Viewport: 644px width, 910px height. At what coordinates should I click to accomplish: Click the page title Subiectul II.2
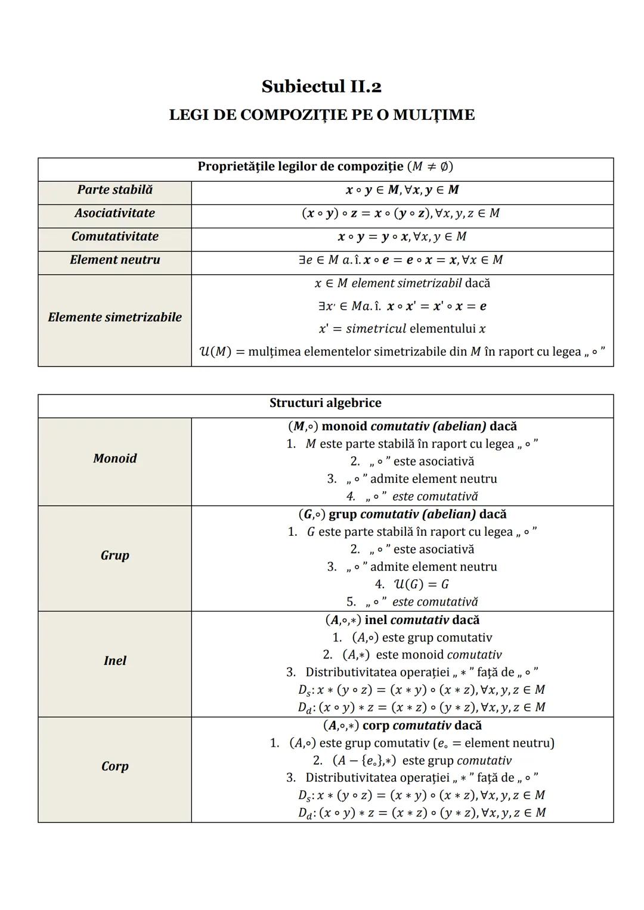[321, 87]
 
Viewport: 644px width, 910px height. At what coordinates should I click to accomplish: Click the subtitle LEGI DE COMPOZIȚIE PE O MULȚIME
[321, 115]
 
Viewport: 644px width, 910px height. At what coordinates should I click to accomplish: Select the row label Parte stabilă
[114, 190]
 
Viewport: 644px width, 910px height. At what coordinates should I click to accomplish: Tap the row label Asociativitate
[114, 213]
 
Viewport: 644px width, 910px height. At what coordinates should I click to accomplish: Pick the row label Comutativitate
[114, 237]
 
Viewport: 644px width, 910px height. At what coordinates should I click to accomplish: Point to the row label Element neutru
[114, 260]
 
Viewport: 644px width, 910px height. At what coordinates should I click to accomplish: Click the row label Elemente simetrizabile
[114, 317]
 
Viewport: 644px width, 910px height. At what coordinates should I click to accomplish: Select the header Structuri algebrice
[325, 403]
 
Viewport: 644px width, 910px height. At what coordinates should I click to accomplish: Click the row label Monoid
[114, 458]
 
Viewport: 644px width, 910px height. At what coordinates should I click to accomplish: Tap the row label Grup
[114, 555]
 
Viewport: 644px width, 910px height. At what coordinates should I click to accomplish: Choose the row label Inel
[114, 661]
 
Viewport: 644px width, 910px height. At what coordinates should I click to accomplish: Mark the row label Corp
[114, 766]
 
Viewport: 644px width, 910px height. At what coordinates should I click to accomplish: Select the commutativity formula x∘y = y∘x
[402, 237]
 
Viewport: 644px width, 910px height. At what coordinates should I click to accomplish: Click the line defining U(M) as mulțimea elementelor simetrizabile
[402, 352]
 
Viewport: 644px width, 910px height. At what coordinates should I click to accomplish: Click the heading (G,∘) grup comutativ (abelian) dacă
[402, 514]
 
